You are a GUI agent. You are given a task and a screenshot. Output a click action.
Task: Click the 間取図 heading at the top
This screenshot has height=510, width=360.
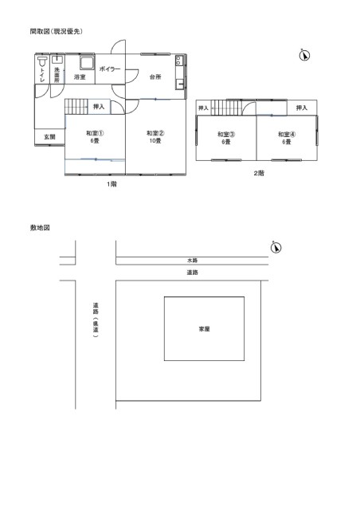click(x=56, y=31)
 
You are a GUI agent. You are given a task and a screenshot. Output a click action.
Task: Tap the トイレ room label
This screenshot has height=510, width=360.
click(x=42, y=75)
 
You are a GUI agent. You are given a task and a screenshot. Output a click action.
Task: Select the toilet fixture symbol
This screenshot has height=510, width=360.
click(x=42, y=61)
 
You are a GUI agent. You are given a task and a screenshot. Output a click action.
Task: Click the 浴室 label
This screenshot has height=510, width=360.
click(x=80, y=77)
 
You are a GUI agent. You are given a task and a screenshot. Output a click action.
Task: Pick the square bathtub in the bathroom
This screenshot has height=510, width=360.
click(x=87, y=62)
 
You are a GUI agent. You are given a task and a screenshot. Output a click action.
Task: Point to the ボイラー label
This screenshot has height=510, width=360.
click(x=110, y=69)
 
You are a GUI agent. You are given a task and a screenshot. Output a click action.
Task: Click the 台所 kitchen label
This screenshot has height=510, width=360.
click(x=155, y=76)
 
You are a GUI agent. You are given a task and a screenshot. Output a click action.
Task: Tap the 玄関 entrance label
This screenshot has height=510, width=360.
click(x=49, y=137)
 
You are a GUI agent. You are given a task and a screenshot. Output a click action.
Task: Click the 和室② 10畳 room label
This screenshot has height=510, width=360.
click(x=155, y=136)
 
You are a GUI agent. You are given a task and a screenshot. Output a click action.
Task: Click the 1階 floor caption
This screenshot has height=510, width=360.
click(x=112, y=184)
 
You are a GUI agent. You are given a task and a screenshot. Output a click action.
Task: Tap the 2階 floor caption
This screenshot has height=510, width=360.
click(x=259, y=174)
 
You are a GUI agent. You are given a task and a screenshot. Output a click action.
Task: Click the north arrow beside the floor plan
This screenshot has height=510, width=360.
click(x=304, y=55)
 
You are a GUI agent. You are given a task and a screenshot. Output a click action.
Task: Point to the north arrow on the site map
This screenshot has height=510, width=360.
click(x=276, y=248)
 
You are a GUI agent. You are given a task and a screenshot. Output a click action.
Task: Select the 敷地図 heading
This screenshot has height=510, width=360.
click(x=40, y=228)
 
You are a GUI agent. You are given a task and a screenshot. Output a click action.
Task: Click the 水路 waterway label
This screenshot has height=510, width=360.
click(x=192, y=261)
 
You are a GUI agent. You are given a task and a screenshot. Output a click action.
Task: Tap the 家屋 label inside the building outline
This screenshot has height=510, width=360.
click(x=204, y=329)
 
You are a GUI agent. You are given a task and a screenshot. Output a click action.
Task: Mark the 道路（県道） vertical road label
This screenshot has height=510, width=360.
click(x=96, y=320)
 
